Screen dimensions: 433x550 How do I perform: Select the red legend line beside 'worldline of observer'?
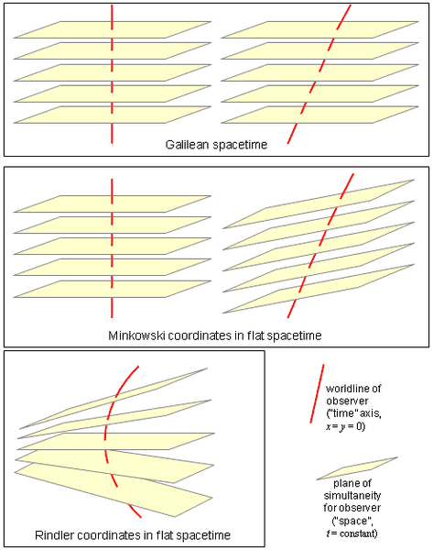pos(317,393)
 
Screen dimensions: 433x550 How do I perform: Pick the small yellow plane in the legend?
pos(357,468)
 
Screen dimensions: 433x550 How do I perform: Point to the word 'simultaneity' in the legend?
pos(352,496)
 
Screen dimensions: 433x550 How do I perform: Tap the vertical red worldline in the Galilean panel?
pos(112,73)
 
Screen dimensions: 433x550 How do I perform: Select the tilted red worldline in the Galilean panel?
pos(319,73)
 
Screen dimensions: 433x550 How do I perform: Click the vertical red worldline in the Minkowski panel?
pos(112,248)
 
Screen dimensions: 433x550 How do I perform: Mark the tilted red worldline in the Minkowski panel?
pos(320,246)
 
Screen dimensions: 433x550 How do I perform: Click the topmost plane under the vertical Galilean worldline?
pos(112,29)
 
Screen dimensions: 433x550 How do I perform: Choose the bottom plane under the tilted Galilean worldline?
pos(319,115)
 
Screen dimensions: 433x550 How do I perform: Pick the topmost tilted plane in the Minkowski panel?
pos(319,204)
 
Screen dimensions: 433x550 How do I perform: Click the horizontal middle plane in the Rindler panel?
pos(115,441)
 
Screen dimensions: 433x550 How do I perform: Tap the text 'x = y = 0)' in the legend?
pos(345,426)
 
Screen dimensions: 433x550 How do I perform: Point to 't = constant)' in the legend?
pos(352,533)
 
